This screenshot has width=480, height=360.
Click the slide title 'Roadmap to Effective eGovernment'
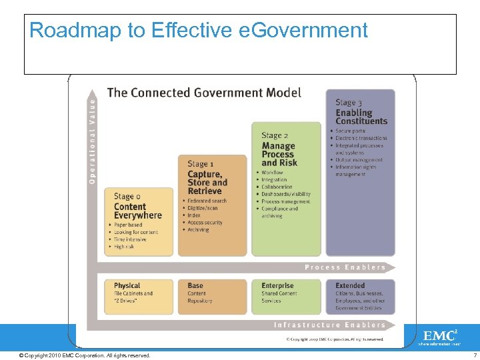click(x=199, y=31)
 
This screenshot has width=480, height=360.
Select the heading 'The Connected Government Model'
click(x=204, y=93)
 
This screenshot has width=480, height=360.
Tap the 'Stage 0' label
click(x=127, y=197)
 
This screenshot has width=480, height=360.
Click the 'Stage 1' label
click(x=201, y=164)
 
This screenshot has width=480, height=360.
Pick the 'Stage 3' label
click(x=349, y=102)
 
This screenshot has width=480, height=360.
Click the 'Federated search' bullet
click(x=207, y=201)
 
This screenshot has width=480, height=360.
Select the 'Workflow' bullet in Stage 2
click(x=273, y=173)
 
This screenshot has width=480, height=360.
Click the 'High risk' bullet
click(x=125, y=247)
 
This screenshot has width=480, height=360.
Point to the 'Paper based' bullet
click(x=128, y=225)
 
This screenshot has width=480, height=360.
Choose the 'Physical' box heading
click(x=127, y=286)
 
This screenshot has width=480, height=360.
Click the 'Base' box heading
click(x=195, y=286)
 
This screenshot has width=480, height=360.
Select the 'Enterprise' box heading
click(x=277, y=286)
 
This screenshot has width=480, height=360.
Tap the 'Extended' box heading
click(x=350, y=286)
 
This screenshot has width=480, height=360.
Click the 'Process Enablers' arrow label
click(x=345, y=267)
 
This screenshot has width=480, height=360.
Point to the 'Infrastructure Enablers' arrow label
click(x=329, y=325)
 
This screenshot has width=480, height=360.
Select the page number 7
click(x=475, y=355)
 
